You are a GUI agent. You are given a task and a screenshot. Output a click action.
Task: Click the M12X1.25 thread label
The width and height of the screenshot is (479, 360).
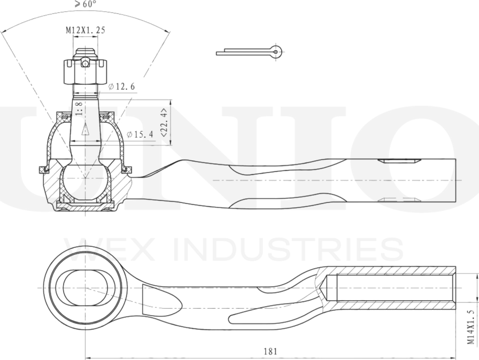click(85, 30)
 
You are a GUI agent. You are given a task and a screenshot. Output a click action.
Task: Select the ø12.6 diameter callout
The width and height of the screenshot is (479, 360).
click(122, 87)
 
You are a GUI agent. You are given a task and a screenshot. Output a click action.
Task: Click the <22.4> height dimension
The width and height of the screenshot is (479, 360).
click(164, 122)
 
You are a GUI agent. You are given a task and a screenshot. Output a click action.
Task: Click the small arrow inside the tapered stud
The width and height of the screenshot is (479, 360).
click(84, 129)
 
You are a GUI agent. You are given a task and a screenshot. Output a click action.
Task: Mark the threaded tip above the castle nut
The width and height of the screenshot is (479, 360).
click(84, 54)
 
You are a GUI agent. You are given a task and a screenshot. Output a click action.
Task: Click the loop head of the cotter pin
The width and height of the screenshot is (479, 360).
click(275, 51)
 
